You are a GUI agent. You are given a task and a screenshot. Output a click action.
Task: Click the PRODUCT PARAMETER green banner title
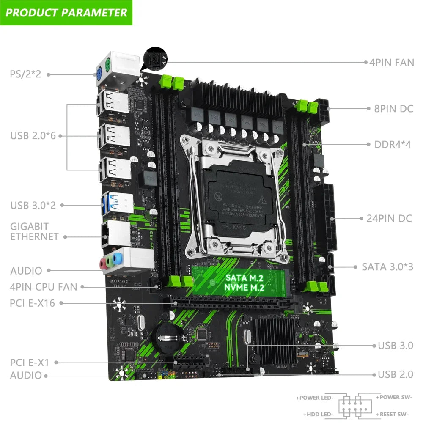66,12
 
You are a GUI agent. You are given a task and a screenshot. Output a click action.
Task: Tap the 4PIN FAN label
391,63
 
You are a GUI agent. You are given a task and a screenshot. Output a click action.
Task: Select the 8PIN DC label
393,109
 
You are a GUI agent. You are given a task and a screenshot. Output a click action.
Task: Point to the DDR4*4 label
393,145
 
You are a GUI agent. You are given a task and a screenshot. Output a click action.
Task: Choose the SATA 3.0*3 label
387,267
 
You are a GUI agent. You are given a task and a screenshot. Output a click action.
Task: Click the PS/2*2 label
25,74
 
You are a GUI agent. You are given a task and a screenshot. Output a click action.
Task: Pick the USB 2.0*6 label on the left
32,136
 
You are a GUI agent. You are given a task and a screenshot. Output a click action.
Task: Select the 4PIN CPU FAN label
44,287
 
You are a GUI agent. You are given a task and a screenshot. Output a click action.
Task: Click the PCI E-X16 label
32,303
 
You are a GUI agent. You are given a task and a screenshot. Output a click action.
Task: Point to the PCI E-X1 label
30,363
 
